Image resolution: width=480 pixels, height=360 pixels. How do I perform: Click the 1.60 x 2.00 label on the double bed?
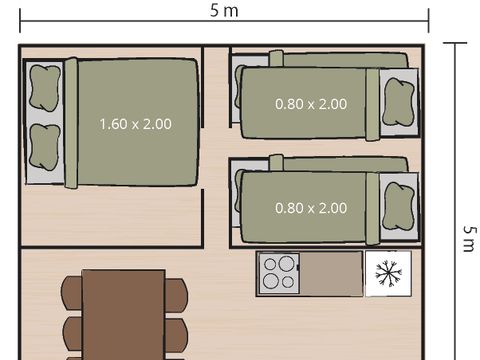coord(135,124)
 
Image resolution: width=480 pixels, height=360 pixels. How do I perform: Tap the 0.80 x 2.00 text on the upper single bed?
coord(311,103)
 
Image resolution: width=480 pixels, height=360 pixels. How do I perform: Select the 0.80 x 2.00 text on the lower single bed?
coord(311,208)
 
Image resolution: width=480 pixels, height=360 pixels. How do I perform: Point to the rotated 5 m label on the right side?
coord(468,238)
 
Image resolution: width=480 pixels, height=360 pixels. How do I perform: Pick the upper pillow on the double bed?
coord(44,87)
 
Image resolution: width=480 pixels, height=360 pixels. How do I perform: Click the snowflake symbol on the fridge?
coord(386,272)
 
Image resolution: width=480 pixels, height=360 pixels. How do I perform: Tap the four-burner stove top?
coord(279,273)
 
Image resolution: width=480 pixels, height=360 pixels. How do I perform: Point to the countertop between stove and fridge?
coord(330,273)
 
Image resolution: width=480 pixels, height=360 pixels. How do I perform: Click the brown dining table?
coord(123,315)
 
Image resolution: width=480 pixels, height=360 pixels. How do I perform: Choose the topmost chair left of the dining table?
coord(71,293)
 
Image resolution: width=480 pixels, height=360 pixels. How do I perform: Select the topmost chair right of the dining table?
coord(176,293)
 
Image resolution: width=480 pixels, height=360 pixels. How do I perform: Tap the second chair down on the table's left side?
coord(71,331)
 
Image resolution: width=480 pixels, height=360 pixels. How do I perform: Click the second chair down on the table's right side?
coord(176,331)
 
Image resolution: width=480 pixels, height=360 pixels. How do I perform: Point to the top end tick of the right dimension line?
coord(455,43)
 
